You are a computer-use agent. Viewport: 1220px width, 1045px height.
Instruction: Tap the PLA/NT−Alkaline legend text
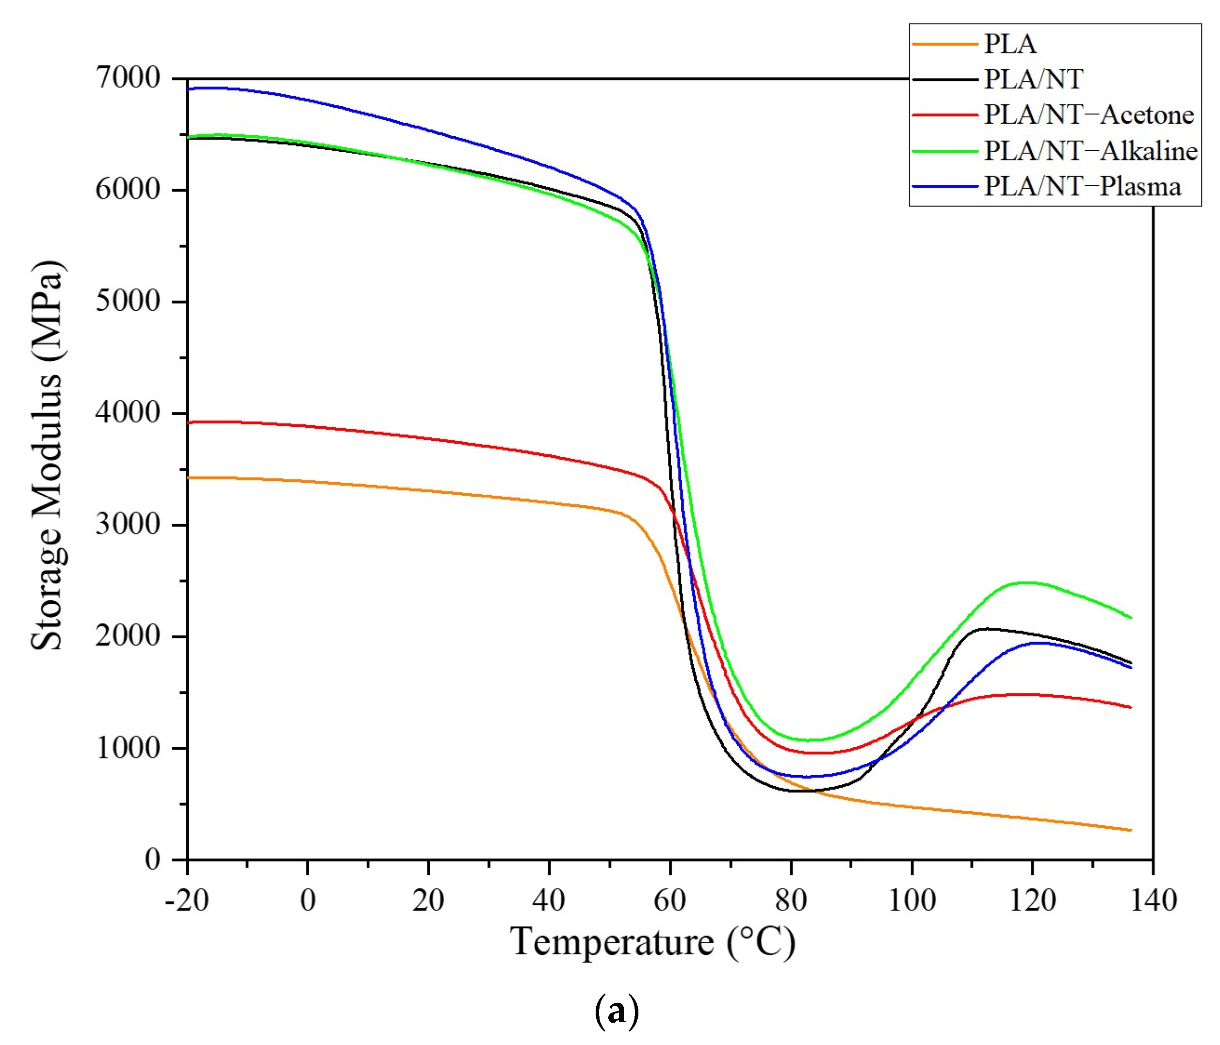point(1090,151)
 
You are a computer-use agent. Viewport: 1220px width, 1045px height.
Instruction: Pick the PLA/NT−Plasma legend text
point(1082,187)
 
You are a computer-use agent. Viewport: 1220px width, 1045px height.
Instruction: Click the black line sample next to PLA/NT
point(944,80)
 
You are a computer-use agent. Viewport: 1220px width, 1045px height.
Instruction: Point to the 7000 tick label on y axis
point(128,78)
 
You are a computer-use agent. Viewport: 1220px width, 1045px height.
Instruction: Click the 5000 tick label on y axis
point(128,302)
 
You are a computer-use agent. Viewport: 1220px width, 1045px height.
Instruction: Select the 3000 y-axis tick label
point(128,524)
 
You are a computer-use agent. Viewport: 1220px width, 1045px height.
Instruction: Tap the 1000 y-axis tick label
point(128,748)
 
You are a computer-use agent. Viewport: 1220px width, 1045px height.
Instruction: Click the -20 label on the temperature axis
point(187,900)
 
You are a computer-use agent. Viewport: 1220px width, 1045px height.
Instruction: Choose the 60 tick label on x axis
point(670,900)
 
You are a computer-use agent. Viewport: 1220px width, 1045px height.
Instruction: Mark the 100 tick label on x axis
point(911,900)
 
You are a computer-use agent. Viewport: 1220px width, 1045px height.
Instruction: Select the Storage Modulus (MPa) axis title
point(47,456)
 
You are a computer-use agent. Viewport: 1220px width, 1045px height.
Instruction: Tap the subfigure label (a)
point(617,1012)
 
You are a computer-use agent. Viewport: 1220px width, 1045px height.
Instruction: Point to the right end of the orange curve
point(1131,830)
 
